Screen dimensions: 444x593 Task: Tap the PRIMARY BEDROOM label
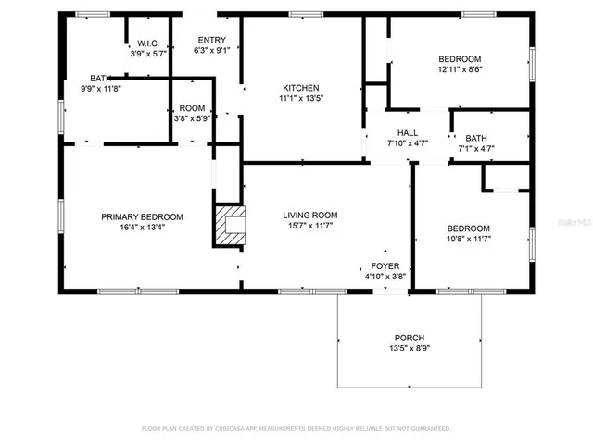[x=142, y=216]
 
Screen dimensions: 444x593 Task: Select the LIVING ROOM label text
[x=310, y=215]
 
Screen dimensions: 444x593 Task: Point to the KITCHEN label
[x=301, y=87]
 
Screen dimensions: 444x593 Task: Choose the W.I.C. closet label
[x=149, y=43]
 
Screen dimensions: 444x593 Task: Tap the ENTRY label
[x=211, y=39]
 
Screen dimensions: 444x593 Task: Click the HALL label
[x=408, y=132]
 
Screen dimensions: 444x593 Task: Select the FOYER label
[x=385, y=265]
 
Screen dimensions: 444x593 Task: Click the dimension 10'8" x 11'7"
[x=468, y=240]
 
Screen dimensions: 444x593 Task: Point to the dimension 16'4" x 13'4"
[x=142, y=228]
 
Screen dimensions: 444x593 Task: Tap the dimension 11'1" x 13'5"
[x=301, y=98]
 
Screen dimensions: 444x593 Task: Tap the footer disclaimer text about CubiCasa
[x=296, y=428]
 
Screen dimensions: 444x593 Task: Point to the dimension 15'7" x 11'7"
[x=310, y=226]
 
